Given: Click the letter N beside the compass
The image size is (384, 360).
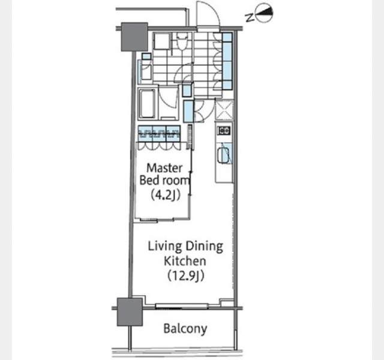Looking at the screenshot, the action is [250, 17].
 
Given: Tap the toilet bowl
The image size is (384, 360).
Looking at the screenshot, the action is [181, 43].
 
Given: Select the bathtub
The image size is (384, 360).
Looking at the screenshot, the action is [147, 104].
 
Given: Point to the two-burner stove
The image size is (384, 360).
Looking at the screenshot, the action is [224, 131].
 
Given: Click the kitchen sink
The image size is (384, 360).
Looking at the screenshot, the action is [224, 154].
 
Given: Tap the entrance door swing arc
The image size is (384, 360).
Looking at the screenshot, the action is [208, 13].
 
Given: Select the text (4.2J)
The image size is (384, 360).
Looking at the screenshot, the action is [166, 194].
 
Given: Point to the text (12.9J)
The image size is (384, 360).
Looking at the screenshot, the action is [186, 276].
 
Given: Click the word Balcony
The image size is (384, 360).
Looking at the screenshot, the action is [185, 328].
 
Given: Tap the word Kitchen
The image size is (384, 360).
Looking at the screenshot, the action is [185, 261].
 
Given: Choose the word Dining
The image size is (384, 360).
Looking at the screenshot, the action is [204, 247].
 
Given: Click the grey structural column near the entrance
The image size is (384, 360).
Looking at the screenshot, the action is [134, 37].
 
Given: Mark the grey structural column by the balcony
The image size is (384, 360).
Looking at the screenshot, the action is [130, 312].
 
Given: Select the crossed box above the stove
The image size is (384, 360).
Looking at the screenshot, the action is [224, 110].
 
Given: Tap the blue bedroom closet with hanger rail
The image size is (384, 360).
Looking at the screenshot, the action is [160, 133].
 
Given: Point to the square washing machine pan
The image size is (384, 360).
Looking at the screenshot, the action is [161, 41].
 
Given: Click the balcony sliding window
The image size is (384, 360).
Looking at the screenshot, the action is [182, 305].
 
